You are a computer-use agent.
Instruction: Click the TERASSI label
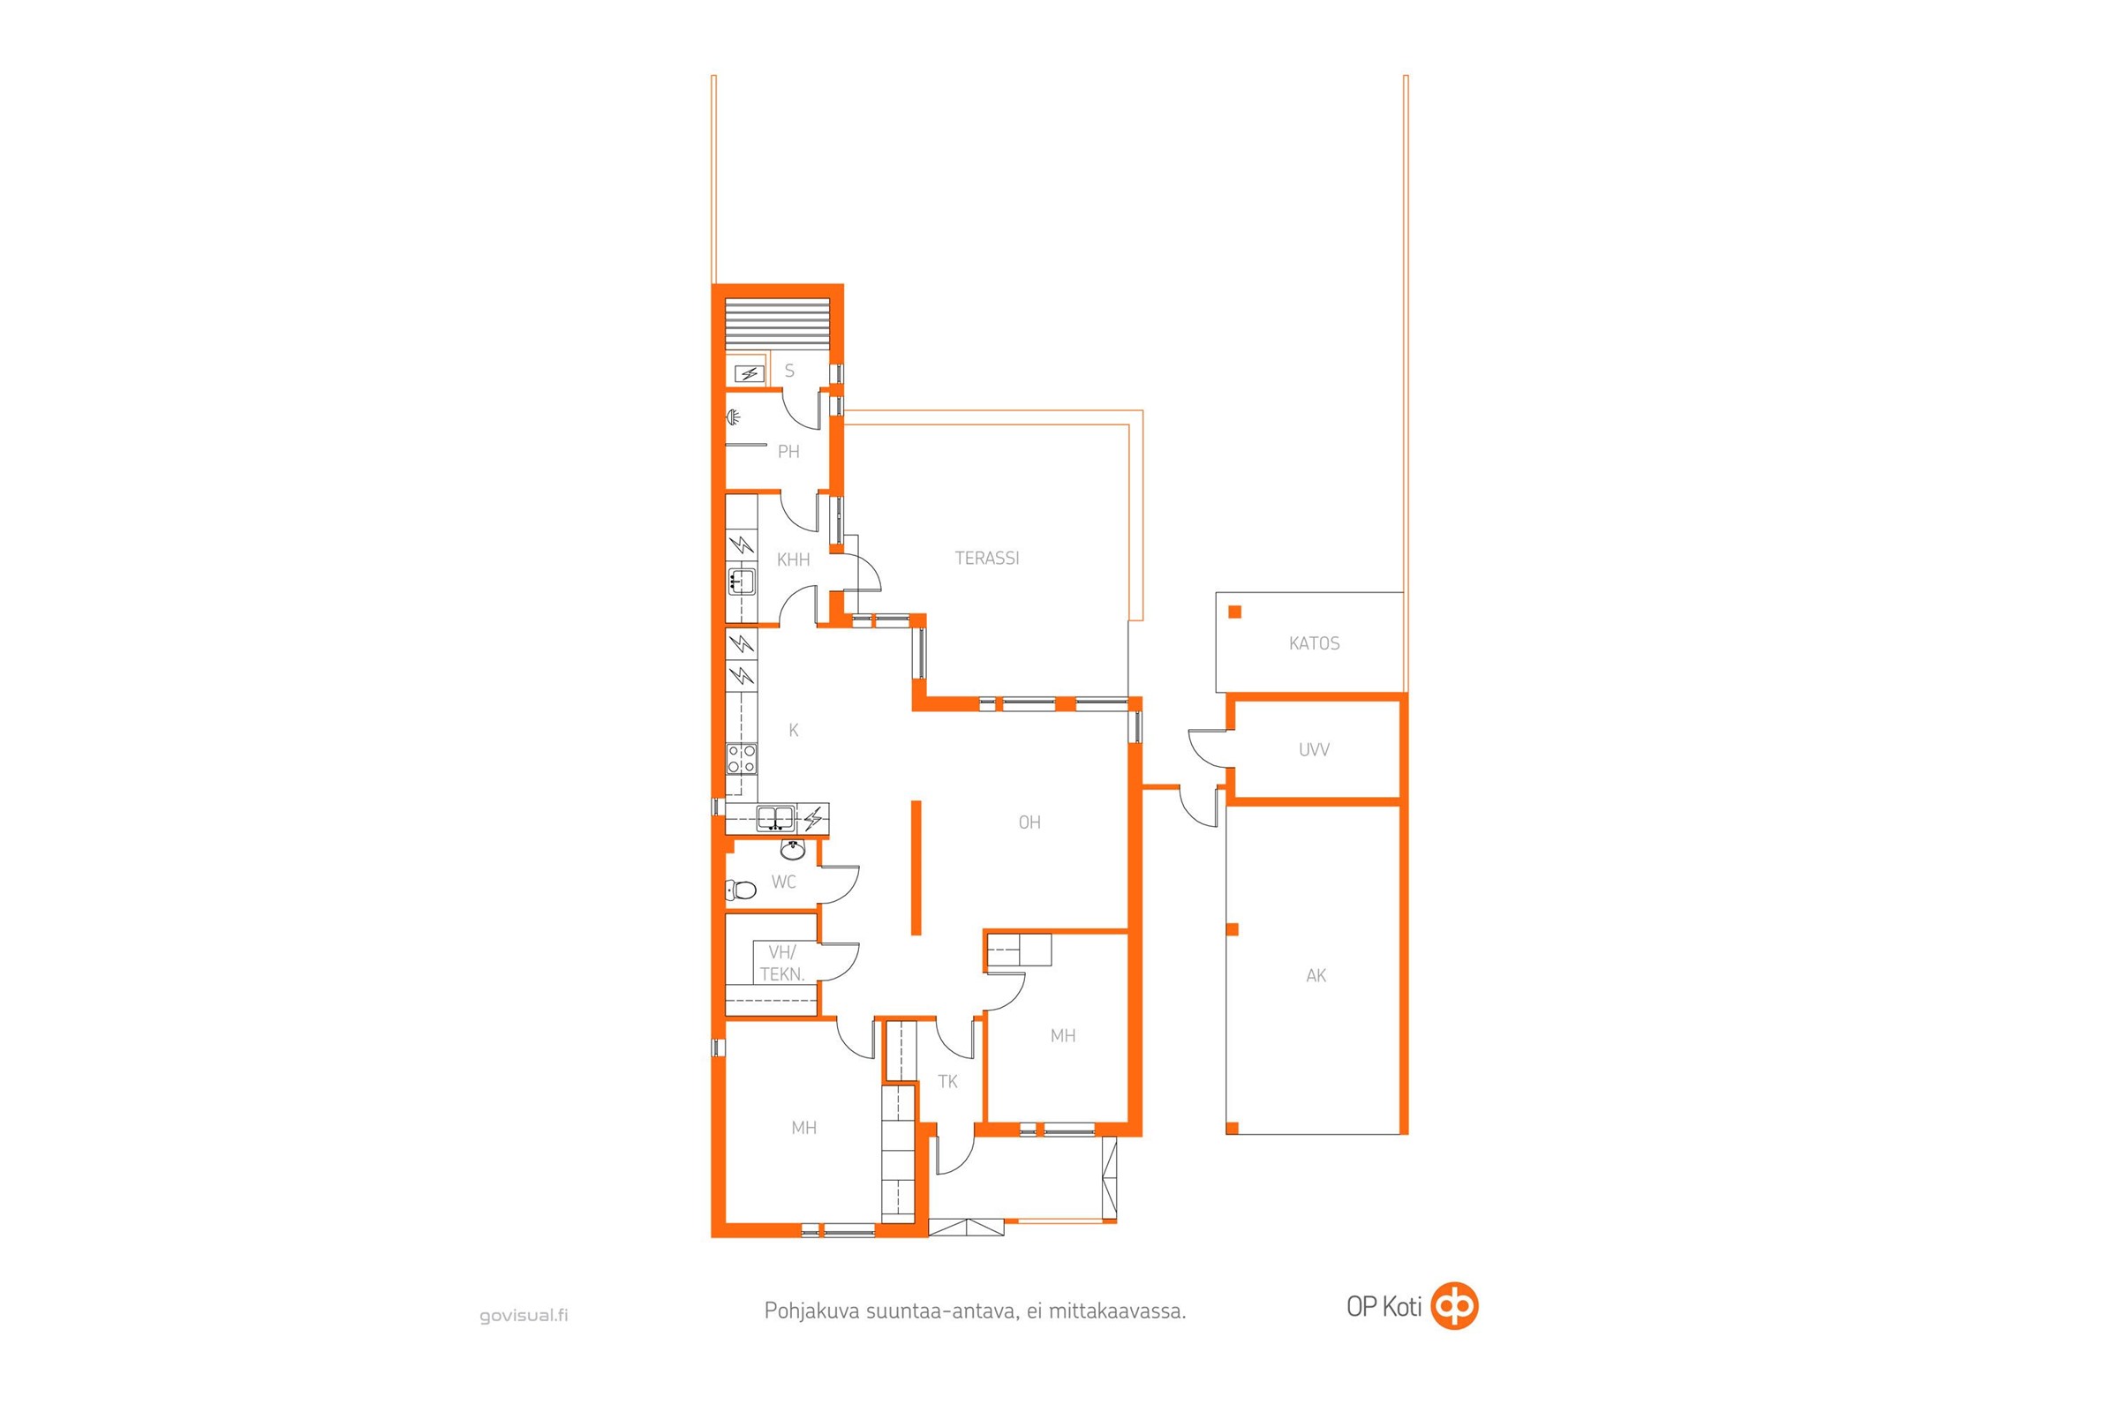point(986,559)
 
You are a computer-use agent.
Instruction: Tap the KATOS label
point(1315,644)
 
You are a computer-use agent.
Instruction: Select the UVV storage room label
point(1314,749)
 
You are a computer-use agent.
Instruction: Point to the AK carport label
point(1316,975)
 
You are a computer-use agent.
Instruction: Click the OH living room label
point(1029,822)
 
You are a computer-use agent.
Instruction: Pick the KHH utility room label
point(793,560)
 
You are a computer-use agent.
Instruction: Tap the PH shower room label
point(788,452)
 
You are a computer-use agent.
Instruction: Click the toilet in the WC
point(741,890)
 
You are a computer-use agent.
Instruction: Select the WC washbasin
point(792,850)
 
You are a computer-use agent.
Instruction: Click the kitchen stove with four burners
point(742,758)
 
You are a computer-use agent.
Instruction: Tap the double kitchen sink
point(775,819)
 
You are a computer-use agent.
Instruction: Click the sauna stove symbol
point(747,372)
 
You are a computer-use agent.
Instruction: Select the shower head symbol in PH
point(735,417)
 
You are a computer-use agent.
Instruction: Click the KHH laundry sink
point(742,581)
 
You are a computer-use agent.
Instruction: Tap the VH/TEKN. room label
point(782,964)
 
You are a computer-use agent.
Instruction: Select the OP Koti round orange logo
point(1456,1307)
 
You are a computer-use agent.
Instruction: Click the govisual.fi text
point(524,1316)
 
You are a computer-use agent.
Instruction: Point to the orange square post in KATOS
point(1235,612)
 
